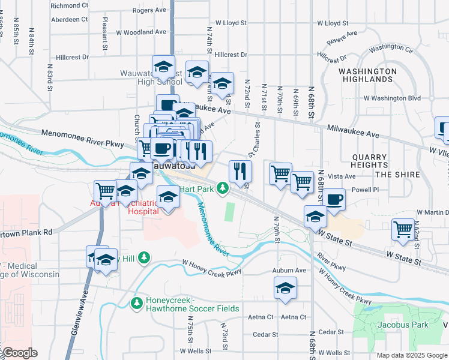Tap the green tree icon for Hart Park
click(223, 188)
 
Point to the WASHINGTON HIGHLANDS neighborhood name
click(367, 75)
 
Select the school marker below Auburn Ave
click(286, 289)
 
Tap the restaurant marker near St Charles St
click(240, 171)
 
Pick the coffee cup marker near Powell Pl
click(334, 199)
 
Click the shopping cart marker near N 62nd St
click(403, 229)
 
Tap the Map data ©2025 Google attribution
click(412, 355)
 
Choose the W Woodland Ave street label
click(141, 32)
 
